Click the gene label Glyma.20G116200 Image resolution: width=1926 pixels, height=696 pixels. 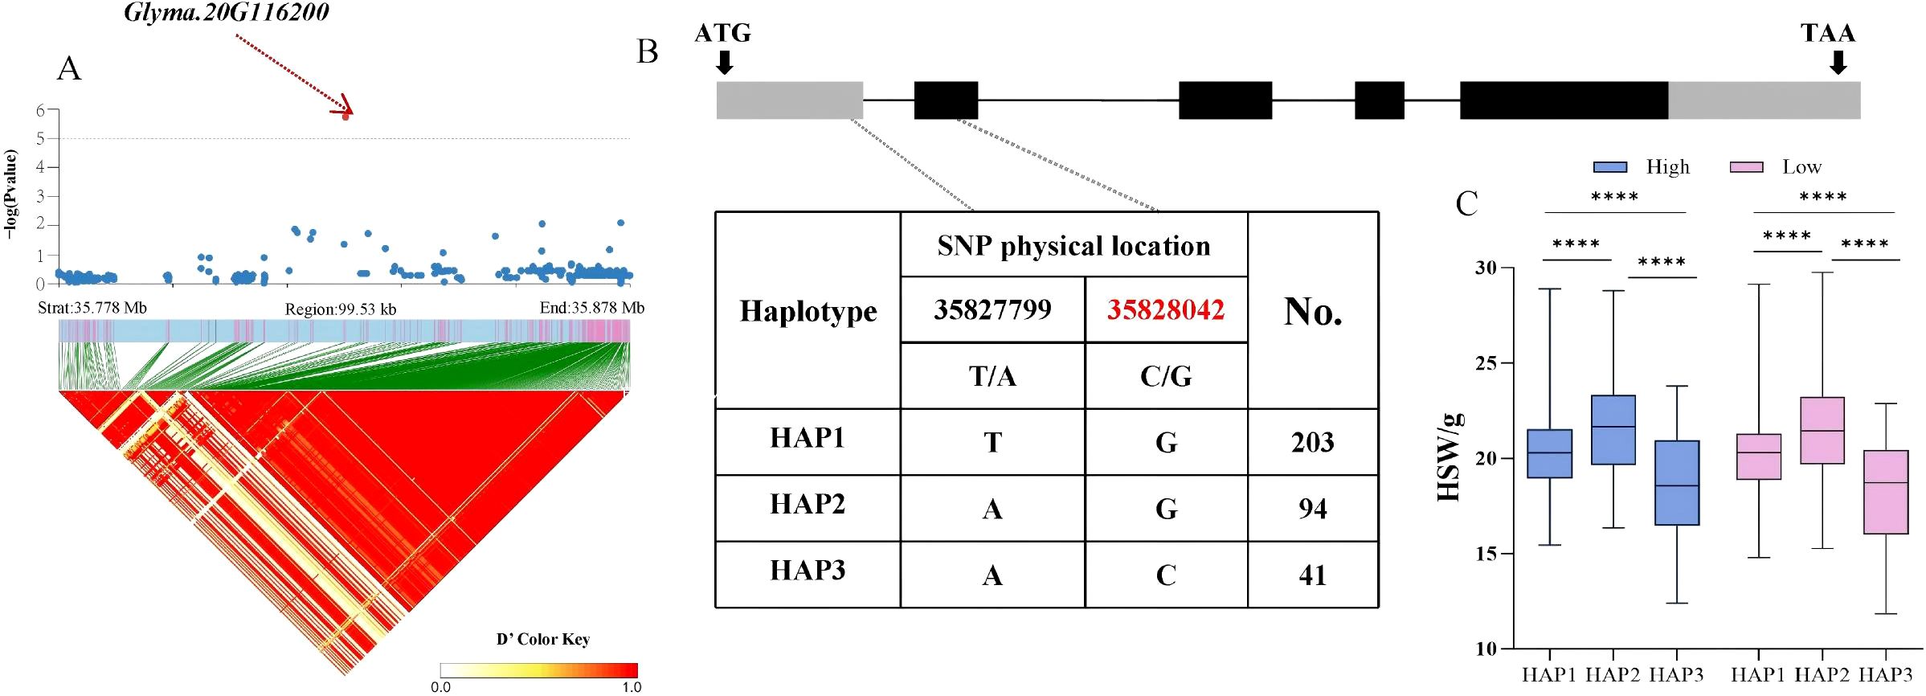(x=227, y=12)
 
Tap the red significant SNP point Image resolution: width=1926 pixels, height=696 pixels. (x=346, y=116)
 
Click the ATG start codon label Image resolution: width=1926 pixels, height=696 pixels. (x=722, y=33)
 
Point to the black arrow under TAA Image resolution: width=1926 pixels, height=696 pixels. (x=1837, y=63)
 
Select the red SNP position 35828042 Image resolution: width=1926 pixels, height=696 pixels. (x=1165, y=309)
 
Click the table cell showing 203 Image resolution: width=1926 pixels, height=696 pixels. (x=1312, y=442)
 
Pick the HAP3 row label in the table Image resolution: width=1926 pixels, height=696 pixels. (x=807, y=570)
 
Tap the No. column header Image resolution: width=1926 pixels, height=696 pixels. (x=1312, y=311)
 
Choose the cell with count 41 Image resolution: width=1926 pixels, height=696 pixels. (x=1312, y=575)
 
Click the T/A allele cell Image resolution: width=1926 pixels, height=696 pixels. (x=992, y=376)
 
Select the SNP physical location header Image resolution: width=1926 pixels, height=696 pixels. (x=1073, y=245)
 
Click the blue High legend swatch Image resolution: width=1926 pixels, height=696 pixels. (x=1609, y=167)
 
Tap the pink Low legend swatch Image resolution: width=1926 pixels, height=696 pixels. (x=1746, y=167)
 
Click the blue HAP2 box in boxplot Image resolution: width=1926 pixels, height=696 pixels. (x=1613, y=430)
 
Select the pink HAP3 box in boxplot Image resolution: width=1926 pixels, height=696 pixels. (x=1886, y=492)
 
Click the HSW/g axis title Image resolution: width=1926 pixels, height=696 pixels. (x=1448, y=458)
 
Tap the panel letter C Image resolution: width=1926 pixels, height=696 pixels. (x=1466, y=203)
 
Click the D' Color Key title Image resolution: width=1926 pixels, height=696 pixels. (x=543, y=639)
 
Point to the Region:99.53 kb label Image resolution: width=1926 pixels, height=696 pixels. (x=341, y=309)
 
